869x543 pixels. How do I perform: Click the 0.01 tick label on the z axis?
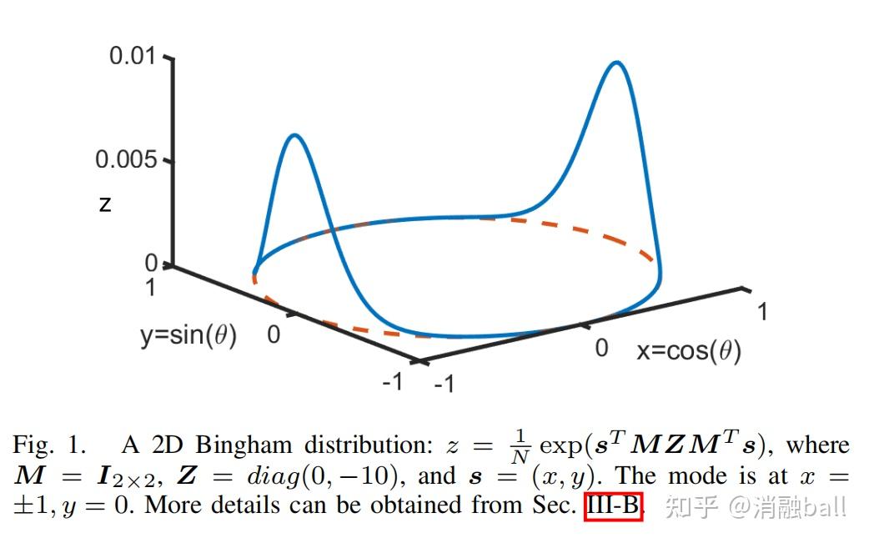(x=133, y=57)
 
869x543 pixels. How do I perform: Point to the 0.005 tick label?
(x=126, y=160)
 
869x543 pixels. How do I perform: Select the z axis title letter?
(x=105, y=204)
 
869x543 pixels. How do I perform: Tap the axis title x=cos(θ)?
(x=689, y=350)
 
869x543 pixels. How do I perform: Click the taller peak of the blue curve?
(x=617, y=63)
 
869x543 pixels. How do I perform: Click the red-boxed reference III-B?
(x=613, y=505)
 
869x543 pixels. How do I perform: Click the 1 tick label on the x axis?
(x=761, y=312)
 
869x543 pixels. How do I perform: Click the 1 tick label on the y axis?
(x=151, y=288)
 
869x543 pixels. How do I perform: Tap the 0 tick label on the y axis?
(x=273, y=335)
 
